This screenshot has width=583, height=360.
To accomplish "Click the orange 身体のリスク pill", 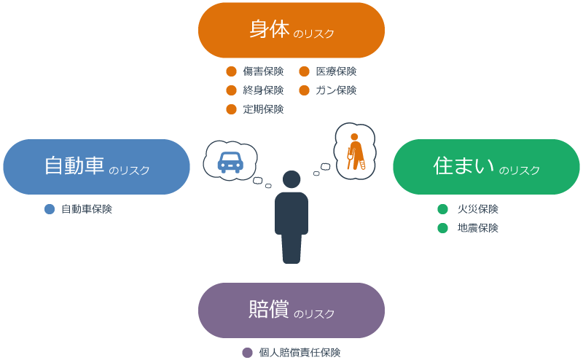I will [291, 31].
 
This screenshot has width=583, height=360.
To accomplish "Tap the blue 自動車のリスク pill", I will [96, 167].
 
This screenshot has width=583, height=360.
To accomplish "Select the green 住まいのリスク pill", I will [486, 167].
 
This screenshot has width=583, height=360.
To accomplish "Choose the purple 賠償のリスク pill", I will [291, 310].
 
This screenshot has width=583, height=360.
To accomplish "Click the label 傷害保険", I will [263, 71].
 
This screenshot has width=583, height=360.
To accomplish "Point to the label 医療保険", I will [336, 71].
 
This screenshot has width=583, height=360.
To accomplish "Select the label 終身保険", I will [263, 90].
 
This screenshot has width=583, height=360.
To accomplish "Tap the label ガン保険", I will [336, 90].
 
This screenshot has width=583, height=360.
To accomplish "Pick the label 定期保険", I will [263, 109].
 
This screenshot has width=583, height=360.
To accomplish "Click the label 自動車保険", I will [86, 209].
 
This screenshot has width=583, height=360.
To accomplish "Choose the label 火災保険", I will [477, 209].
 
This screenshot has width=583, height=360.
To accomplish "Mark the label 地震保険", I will [477, 228].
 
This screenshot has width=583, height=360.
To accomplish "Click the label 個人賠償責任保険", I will [300, 353].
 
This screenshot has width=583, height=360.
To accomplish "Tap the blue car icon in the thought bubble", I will [230, 162].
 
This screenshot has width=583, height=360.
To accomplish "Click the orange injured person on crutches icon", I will [355, 151].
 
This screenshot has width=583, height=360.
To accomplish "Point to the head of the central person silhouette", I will [291, 179].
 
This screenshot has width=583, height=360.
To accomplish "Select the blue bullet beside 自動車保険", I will [50, 209].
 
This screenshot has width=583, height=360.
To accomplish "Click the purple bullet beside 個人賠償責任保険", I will [247, 353].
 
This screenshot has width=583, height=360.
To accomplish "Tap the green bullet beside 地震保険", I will [442, 228].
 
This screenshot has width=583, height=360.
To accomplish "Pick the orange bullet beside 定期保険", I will [231, 109].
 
